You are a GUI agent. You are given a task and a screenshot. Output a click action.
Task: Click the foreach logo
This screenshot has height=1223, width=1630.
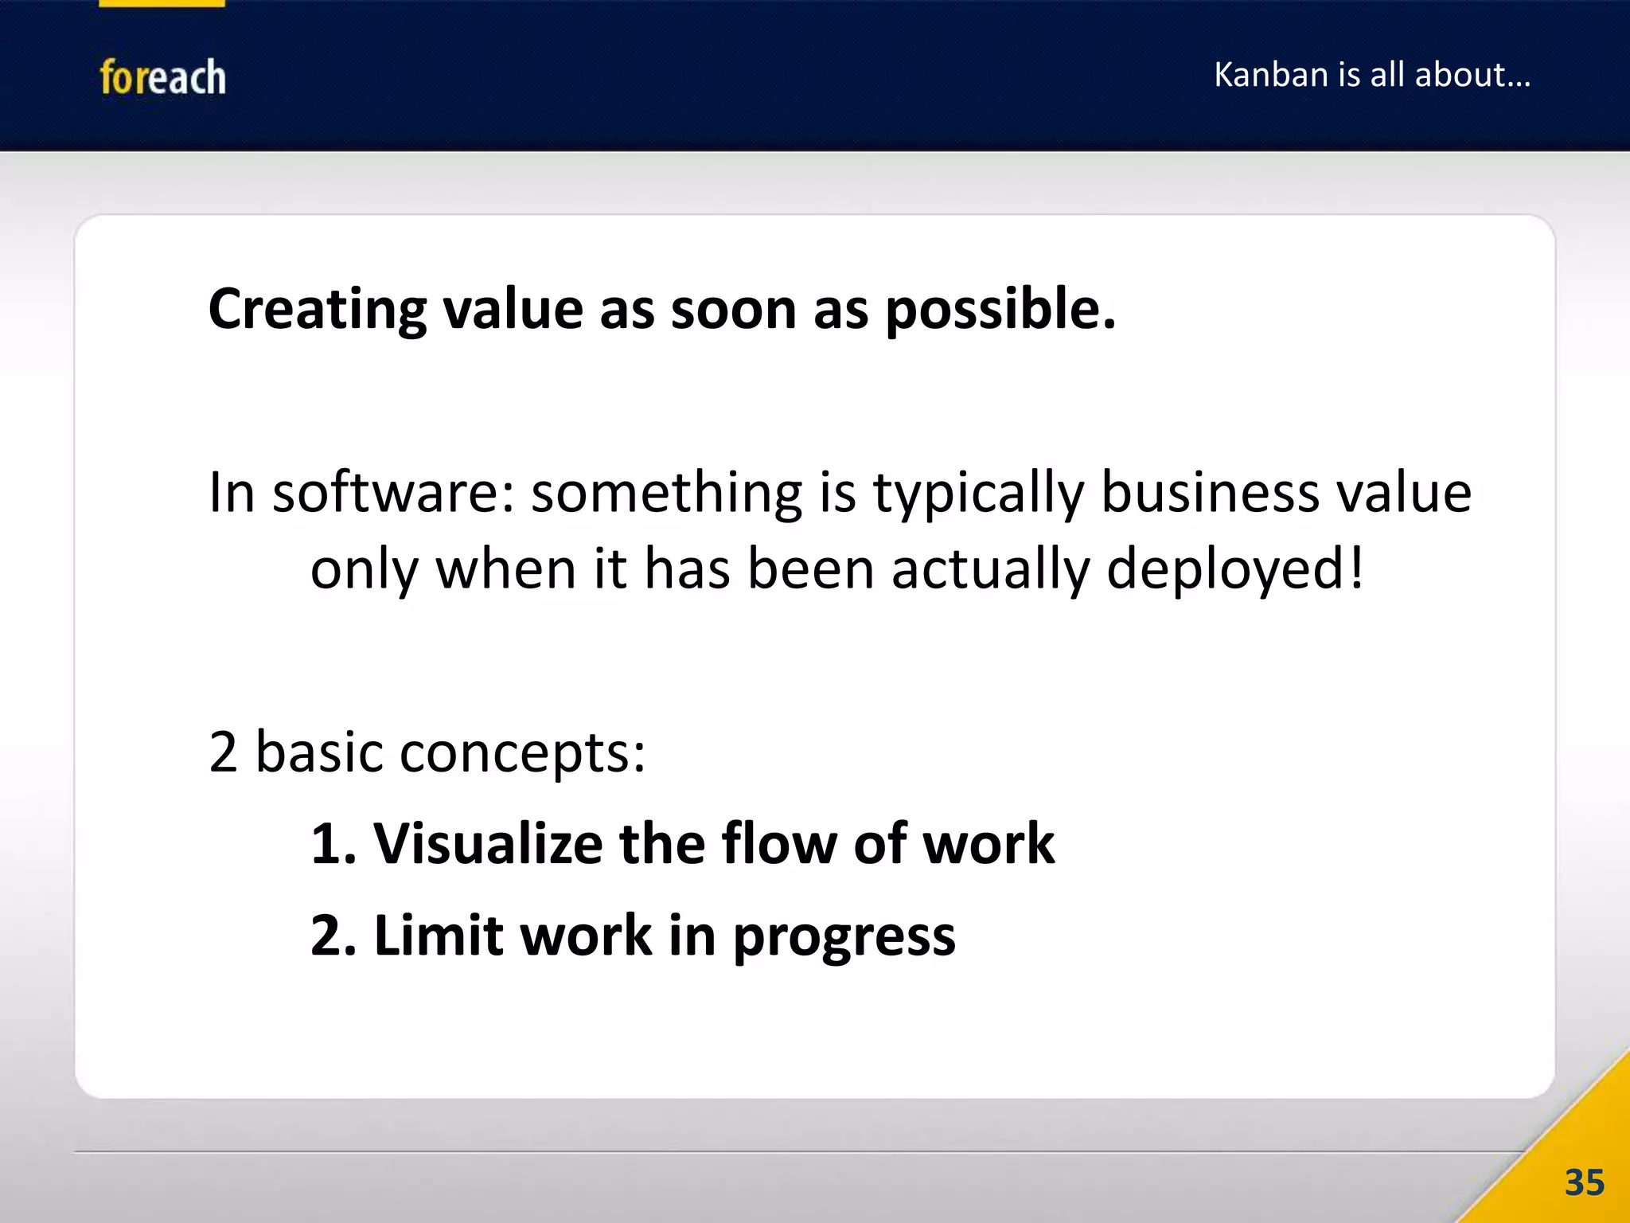[x=162, y=77]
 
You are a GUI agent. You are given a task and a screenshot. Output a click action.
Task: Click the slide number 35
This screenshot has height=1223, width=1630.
[x=1584, y=1182]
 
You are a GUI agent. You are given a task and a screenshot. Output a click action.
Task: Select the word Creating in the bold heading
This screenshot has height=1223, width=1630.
[x=317, y=309]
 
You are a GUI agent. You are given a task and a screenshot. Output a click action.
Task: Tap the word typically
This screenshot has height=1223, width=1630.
[x=979, y=494]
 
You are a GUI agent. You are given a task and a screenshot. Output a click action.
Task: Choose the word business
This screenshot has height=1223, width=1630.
[x=1210, y=492]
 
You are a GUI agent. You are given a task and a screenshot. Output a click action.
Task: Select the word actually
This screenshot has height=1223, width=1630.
[x=991, y=570]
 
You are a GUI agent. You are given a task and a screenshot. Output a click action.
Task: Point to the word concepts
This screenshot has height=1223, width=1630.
[x=522, y=753]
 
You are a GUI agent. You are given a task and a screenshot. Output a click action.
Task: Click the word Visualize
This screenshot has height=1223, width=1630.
[x=488, y=843]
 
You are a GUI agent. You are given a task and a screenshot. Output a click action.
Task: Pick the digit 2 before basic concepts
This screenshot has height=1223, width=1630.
[x=223, y=752]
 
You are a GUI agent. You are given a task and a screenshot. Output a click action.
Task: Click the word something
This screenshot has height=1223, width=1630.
[x=667, y=494]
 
